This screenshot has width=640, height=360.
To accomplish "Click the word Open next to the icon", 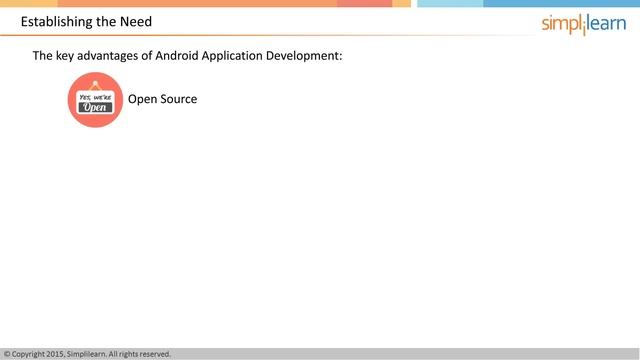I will [141, 100].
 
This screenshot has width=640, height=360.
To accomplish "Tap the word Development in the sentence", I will [306, 56].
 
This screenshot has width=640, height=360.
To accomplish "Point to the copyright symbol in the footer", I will [7, 354].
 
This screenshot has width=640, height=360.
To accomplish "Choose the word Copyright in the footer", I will [28, 354].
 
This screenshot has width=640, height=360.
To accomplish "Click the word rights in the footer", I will [127, 354].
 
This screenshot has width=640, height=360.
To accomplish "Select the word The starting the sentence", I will [43, 56].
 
